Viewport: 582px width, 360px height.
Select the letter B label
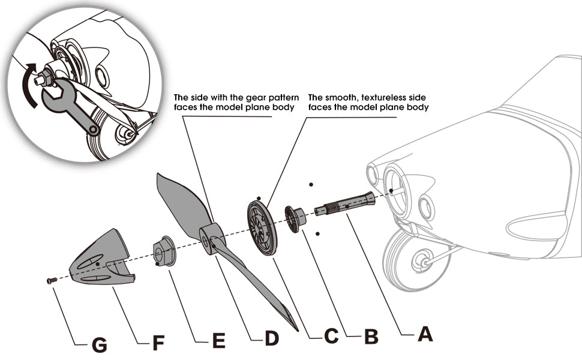[x=371, y=337]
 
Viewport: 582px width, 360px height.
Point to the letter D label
[x=272, y=338]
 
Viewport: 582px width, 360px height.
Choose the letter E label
[x=218, y=342]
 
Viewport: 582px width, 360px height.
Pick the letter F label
[x=158, y=344]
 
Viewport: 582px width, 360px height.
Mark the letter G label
[x=98, y=345]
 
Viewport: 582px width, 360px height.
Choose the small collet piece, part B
[x=295, y=217]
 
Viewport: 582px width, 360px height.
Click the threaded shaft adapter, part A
[x=345, y=206]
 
